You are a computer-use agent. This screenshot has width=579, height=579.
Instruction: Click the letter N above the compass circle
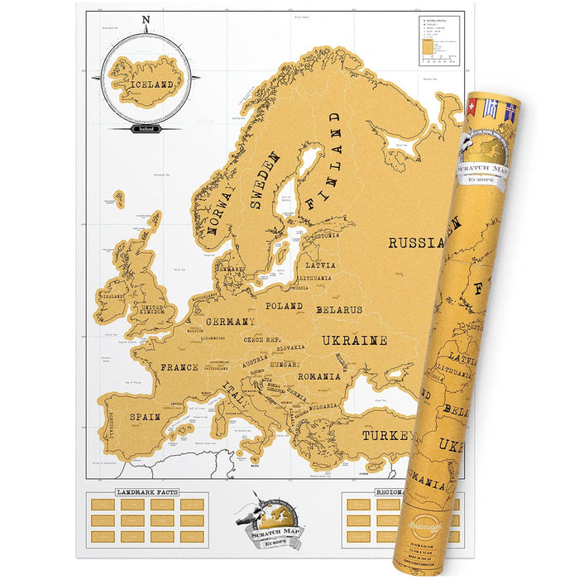point(146,21)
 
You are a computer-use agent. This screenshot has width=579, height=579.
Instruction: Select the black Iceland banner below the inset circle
point(146,128)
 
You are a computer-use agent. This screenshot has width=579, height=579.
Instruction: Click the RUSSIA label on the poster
point(415,243)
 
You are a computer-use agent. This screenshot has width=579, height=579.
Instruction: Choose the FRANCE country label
point(179,367)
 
